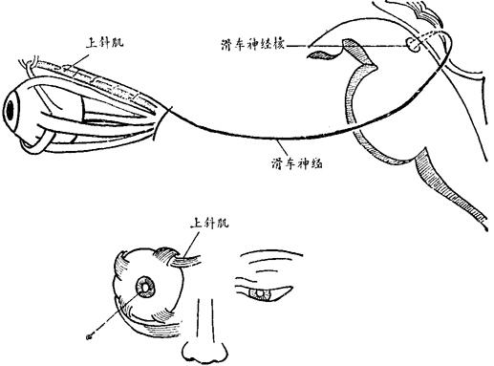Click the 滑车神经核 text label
[252, 45]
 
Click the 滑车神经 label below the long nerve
[297, 163]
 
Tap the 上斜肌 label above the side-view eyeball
[104, 43]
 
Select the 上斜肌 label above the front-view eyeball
[209, 223]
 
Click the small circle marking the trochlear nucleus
[413, 44]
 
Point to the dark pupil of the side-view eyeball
[11, 111]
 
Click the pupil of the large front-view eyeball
[145, 288]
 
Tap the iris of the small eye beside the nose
[261, 293]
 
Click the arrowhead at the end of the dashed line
[89, 336]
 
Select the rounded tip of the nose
[204, 353]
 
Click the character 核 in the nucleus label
[278, 45]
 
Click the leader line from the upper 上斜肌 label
[79, 63]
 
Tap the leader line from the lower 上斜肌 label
[192, 245]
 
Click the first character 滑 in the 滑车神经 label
[278, 163]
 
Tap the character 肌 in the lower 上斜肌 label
[223, 223]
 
